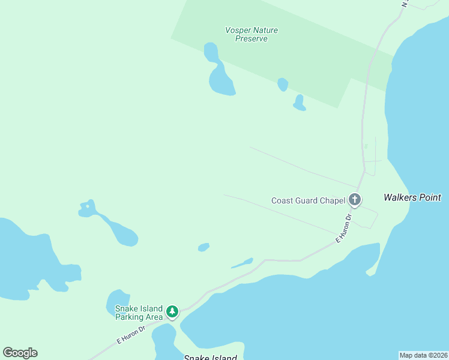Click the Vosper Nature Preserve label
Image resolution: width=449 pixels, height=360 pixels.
click(x=252, y=34)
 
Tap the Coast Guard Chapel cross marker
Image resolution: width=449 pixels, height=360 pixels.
click(x=355, y=200)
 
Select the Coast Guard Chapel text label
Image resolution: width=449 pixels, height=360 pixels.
click(x=308, y=201)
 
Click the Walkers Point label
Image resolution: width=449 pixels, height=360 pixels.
click(x=412, y=197)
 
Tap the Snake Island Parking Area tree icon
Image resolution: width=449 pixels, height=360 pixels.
click(x=172, y=311)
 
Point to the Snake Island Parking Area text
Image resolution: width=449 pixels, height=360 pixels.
click(x=139, y=313)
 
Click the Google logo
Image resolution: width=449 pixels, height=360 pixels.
click(x=20, y=353)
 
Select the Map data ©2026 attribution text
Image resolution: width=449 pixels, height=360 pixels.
click(x=423, y=355)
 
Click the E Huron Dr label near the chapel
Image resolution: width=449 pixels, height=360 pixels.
click(x=343, y=228)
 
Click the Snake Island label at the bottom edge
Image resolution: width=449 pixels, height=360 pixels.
click(x=210, y=358)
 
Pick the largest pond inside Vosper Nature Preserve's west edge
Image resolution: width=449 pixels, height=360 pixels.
click(x=221, y=80)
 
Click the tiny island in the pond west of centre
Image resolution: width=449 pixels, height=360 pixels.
click(x=88, y=207)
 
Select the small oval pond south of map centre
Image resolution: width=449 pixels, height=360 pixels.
click(x=203, y=247)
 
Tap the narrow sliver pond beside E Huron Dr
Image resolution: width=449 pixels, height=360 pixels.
click(x=243, y=263)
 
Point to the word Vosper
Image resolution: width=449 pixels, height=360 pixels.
click(x=238, y=30)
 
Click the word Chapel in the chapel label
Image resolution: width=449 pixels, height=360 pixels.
click(x=332, y=201)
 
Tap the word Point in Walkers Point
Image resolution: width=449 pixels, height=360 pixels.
click(x=430, y=197)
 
